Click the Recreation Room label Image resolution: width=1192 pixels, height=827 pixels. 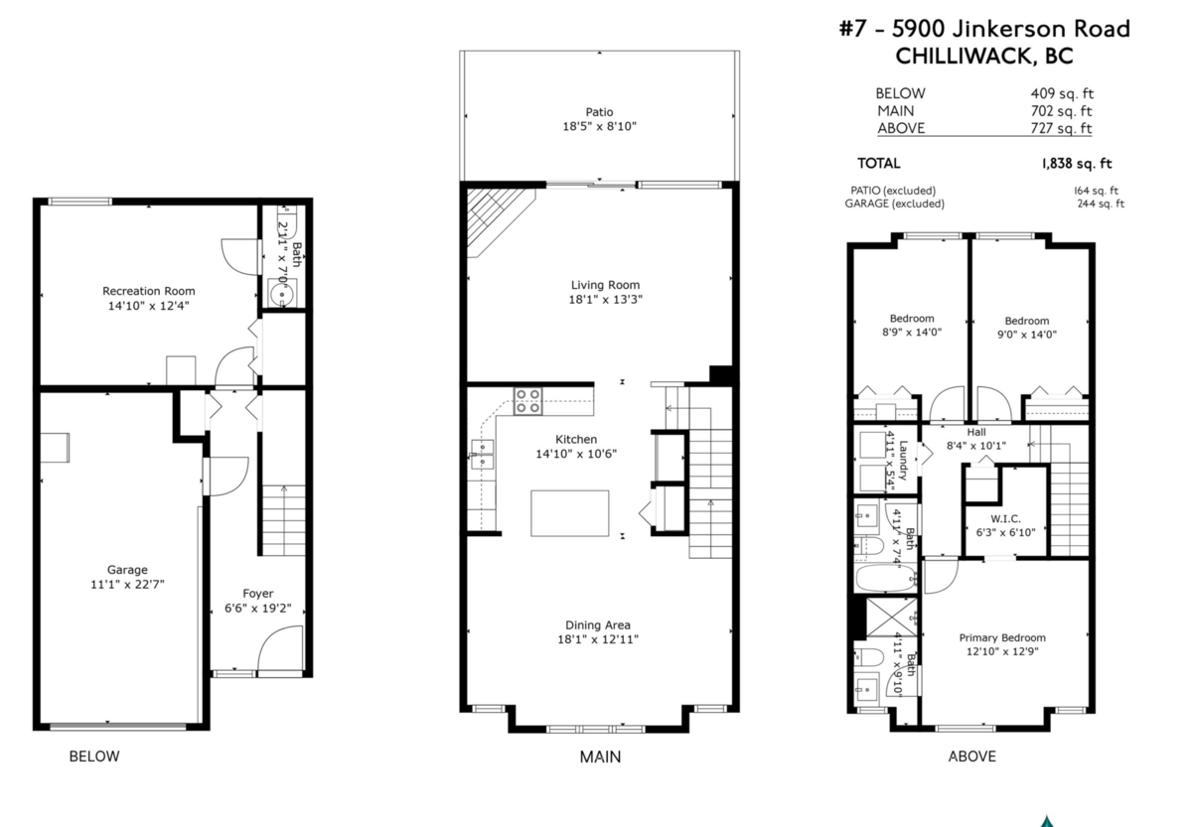[x=149, y=291]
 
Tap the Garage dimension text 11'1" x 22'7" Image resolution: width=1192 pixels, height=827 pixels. [x=127, y=585]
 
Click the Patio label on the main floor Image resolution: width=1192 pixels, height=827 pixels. [x=599, y=112]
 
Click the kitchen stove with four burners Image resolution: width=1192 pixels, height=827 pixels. [x=527, y=400]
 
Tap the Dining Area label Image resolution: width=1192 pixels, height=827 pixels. [x=598, y=624]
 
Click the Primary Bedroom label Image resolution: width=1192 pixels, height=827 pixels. [x=1002, y=637]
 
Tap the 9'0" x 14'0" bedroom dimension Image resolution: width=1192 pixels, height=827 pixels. [x=1026, y=335]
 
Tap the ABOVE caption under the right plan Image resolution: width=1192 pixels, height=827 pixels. [x=971, y=757]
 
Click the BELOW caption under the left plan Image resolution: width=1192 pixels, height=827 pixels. [x=93, y=757]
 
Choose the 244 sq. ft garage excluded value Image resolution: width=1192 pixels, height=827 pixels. [x=1100, y=205]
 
